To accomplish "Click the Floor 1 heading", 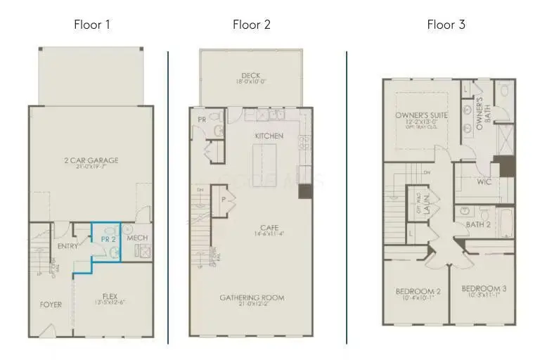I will [x=92, y=25].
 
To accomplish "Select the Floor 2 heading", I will [x=252, y=25].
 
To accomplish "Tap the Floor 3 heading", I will [x=446, y=25].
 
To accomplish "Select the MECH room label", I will [x=137, y=238].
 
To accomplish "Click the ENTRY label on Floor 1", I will [x=67, y=246].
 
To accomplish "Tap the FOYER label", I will [x=51, y=304].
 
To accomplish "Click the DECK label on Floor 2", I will [x=251, y=75].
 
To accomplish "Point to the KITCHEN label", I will [x=269, y=135].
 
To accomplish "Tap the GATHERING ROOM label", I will [x=251, y=297].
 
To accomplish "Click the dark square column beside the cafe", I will [x=305, y=190].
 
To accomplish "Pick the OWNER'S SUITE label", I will [x=416, y=115].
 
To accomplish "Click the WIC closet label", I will [x=484, y=181].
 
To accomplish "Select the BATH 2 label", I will [x=479, y=225].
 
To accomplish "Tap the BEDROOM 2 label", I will [x=418, y=291].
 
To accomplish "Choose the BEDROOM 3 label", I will [x=484, y=288].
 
